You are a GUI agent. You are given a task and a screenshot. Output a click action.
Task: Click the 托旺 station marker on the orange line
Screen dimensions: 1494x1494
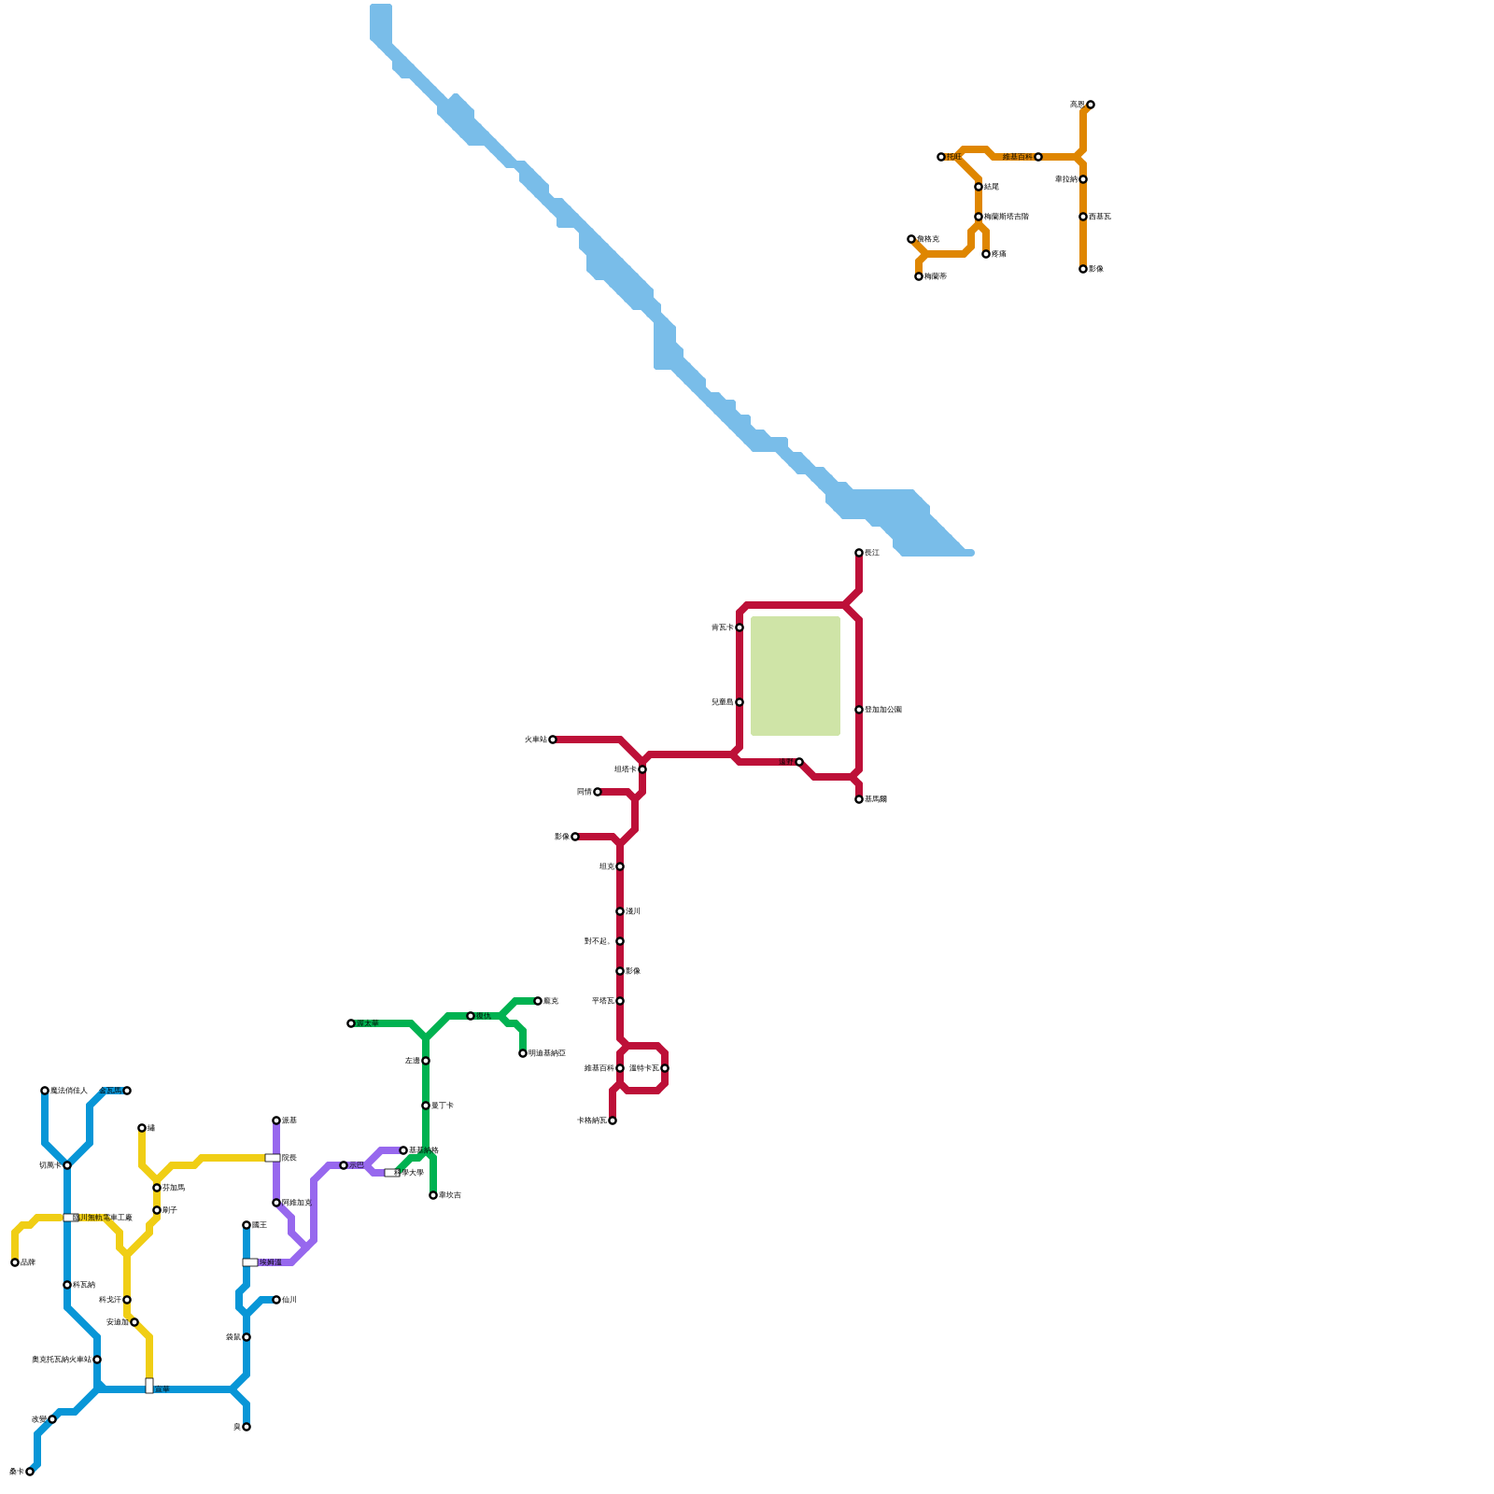941,157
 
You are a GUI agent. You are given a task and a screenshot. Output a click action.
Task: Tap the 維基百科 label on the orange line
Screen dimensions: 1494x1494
1017,157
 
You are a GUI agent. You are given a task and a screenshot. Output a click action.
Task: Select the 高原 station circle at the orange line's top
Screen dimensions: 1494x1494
1091,105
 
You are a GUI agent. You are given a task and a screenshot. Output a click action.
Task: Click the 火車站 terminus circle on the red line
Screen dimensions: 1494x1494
553,740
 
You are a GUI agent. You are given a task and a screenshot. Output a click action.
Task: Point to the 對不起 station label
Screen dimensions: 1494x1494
598,941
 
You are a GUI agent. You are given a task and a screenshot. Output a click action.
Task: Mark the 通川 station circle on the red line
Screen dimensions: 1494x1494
620,911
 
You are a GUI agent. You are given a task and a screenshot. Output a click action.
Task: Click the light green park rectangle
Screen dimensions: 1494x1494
796,676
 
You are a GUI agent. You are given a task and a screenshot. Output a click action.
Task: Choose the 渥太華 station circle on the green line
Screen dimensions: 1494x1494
351,1023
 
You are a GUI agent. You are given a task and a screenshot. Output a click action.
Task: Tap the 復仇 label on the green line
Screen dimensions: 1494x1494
484,1016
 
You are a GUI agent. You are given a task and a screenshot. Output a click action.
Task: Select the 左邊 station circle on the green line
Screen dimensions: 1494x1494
426,1061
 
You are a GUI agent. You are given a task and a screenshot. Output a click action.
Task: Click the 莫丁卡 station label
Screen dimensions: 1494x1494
443,1106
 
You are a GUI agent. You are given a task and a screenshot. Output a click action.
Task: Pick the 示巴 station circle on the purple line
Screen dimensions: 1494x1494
344,1165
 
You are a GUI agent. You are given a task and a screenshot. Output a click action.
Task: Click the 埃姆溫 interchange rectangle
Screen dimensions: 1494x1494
250,1262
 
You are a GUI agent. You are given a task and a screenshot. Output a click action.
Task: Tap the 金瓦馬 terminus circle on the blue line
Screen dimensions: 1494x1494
127,1091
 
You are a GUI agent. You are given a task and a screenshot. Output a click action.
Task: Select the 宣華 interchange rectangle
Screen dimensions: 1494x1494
149,1386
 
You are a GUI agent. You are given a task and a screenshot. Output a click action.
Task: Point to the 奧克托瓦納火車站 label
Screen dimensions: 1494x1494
62,1360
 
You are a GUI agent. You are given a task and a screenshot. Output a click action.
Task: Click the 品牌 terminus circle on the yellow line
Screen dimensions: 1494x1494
15,1262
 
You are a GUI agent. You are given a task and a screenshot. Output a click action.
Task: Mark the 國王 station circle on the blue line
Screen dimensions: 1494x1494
247,1225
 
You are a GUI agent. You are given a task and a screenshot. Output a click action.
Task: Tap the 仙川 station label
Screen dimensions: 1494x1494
289,1300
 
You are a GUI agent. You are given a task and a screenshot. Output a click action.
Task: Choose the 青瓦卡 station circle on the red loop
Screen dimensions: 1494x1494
740,627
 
